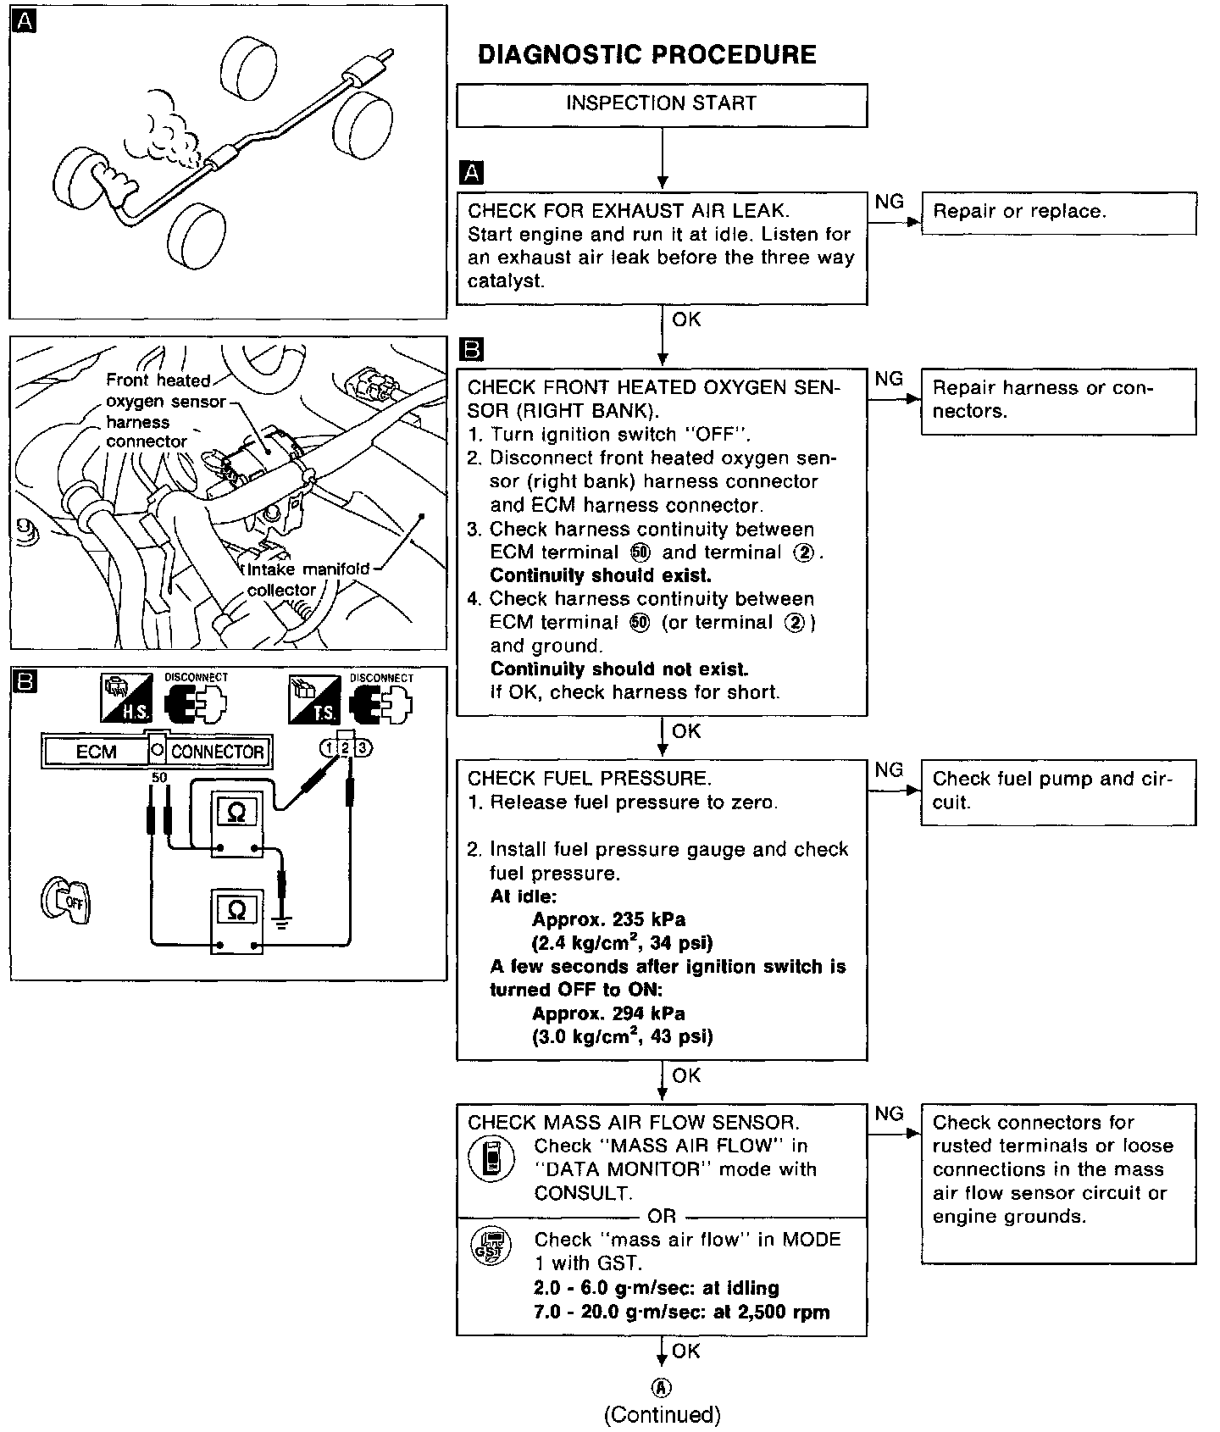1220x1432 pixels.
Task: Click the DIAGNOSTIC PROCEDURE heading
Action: click(x=646, y=55)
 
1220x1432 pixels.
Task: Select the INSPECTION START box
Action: click(x=661, y=104)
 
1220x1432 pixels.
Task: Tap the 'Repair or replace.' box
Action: click(x=1058, y=213)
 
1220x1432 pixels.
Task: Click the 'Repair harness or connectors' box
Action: click(x=1058, y=401)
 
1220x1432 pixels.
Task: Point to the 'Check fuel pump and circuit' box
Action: click(x=1058, y=791)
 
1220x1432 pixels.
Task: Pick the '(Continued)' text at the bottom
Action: click(x=662, y=1414)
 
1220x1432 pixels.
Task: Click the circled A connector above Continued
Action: click(x=662, y=1387)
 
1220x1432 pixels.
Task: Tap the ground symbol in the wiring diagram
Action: click(x=282, y=922)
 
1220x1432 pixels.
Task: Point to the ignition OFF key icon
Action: click(x=66, y=901)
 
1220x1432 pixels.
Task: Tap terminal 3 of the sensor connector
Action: click(x=363, y=747)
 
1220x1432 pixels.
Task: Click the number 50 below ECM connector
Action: click(x=158, y=777)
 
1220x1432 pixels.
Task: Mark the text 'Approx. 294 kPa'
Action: click(x=608, y=1013)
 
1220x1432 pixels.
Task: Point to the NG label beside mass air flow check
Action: click(x=889, y=1113)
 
